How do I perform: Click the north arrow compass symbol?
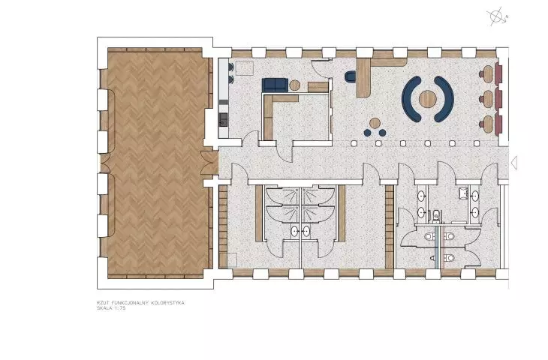496,16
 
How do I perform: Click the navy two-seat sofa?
275,85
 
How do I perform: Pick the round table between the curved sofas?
428,99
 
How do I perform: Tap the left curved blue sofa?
409,100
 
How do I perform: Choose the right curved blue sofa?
446,100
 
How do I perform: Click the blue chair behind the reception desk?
351,76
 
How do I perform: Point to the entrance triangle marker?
514,163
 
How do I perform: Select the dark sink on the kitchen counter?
223,119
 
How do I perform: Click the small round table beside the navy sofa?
294,85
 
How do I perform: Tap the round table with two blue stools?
375,123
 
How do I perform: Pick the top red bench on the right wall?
498,73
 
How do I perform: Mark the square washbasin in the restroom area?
463,193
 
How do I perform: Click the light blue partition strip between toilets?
436,247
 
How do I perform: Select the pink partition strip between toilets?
442,247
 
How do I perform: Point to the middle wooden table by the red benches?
487,99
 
